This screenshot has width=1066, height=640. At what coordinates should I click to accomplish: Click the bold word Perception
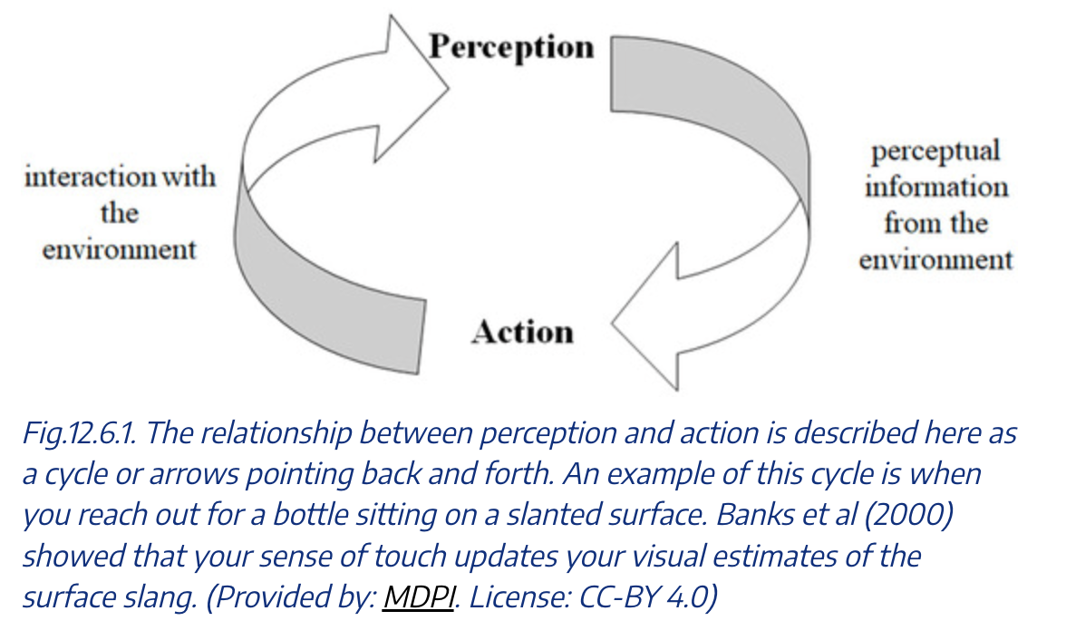coord(511,45)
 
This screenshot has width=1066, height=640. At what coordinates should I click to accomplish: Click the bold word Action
coord(522,332)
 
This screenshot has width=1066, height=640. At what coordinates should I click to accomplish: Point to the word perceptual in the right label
coord(935,150)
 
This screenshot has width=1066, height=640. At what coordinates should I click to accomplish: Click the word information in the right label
coord(935,187)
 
